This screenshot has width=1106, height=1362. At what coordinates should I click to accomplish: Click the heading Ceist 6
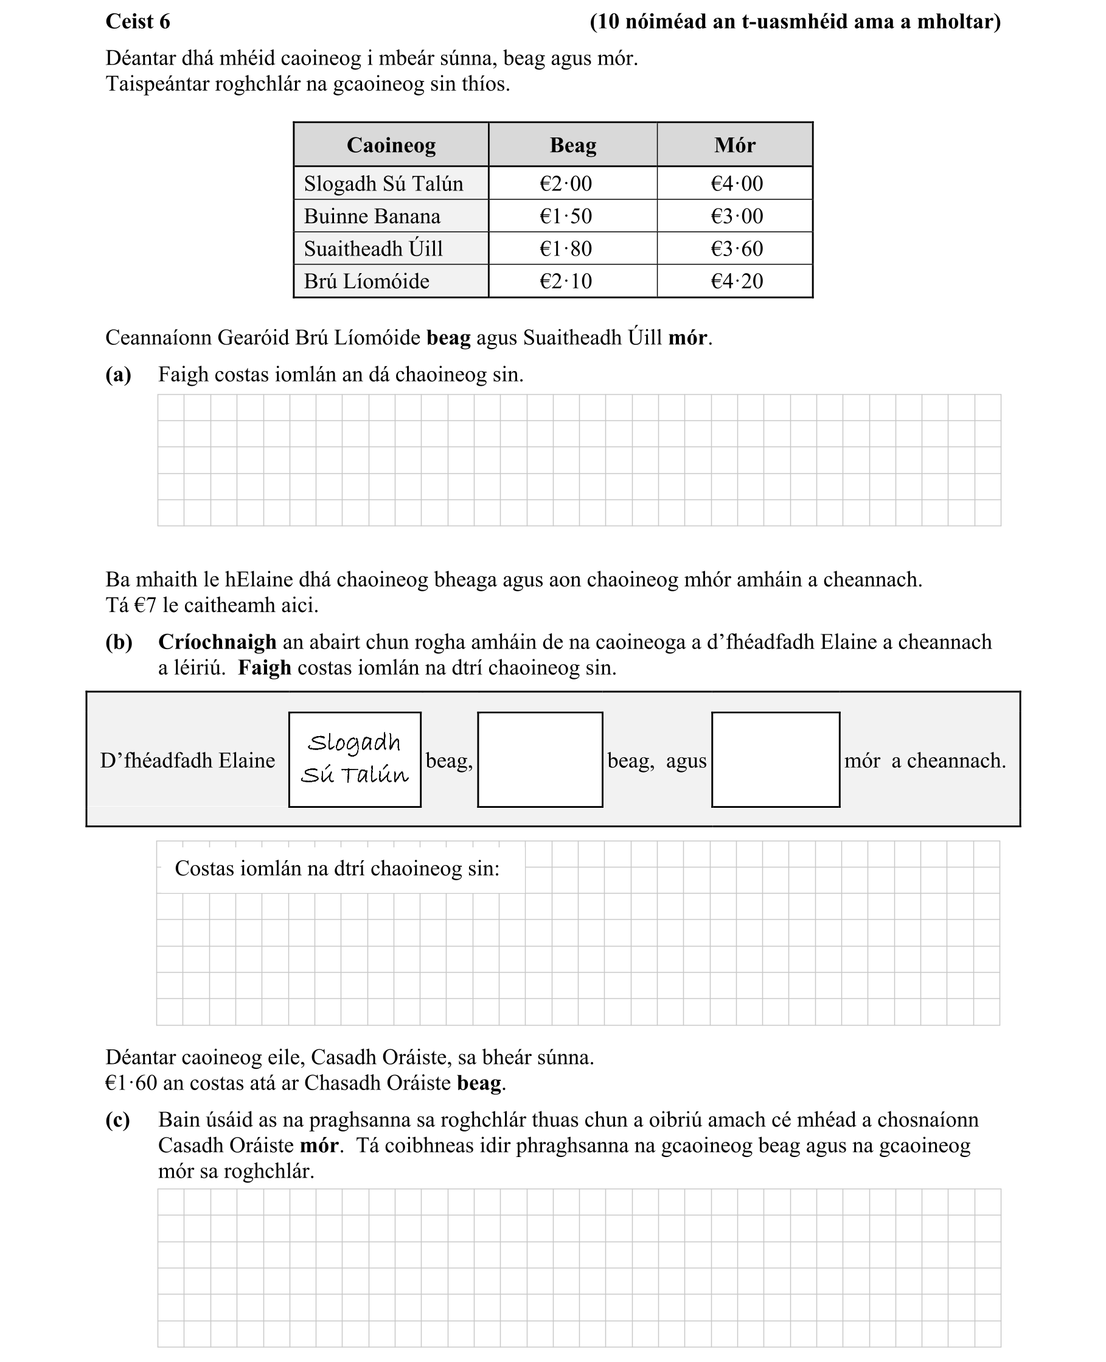click(137, 22)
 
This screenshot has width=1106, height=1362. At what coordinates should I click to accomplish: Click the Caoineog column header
click(391, 145)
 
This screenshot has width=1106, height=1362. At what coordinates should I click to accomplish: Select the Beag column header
click(572, 145)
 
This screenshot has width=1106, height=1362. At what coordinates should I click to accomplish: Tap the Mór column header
click(734, 145)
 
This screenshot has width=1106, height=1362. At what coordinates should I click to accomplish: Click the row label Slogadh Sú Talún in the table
click(383, 184)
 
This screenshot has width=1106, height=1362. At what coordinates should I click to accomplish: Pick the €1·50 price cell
click(565, 216)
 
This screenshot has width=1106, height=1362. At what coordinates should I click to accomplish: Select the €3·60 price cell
click(737, 248)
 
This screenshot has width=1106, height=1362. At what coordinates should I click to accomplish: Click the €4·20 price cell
click(737, 281)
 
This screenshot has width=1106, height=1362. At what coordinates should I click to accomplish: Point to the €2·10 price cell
click(565, 281)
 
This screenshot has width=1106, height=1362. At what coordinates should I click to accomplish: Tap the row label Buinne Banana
click(372, 216)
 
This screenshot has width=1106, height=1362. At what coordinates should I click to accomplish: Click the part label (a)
click(118, 375)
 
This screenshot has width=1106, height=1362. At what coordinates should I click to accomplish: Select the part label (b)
click(119, 642)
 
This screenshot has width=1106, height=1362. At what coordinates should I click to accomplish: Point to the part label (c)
click(117, 1119)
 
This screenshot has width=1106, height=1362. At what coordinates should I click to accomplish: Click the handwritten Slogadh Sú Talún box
click(354, 759)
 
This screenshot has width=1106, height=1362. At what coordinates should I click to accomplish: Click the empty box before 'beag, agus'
click(540, 759)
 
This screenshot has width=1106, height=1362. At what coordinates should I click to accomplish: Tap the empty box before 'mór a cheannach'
click(774, 759)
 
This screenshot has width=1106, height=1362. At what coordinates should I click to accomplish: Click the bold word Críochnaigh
click(217, 642)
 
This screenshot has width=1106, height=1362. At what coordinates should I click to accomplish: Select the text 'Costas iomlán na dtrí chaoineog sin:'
click(336, 868)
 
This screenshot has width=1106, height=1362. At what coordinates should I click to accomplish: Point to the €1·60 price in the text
click(131, 1083)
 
